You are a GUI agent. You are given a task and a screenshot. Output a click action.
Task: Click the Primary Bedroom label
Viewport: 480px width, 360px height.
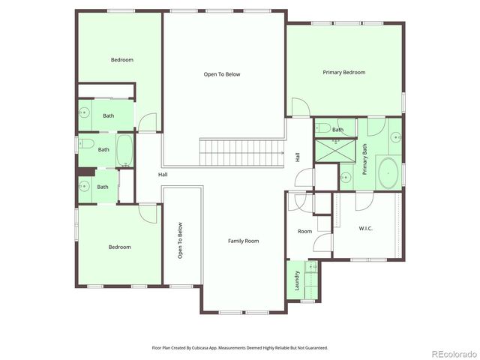[343, 72]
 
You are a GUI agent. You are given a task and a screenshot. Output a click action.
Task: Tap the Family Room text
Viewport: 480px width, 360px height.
[243, 241]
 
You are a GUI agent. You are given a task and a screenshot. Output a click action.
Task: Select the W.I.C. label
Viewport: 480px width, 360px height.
[366, 228]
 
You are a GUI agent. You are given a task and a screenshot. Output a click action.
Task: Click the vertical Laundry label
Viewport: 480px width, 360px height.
[297, 279]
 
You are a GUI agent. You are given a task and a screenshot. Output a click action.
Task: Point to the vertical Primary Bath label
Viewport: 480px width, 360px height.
[365, 158]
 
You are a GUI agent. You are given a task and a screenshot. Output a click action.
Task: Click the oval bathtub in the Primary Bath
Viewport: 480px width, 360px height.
[388, 172]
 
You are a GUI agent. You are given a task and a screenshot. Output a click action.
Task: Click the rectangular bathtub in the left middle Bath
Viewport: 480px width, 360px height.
[125, 151]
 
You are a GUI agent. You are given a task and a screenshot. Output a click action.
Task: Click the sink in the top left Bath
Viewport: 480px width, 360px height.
[84, 115]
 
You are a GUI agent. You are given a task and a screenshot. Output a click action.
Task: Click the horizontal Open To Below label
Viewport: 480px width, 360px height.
[222, 74]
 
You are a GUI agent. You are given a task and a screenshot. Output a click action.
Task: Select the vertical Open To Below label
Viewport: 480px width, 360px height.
[180, 241]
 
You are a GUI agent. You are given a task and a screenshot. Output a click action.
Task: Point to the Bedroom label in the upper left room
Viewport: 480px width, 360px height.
[121, 59]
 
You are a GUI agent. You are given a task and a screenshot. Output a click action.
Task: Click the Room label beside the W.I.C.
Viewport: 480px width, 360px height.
[304, 231]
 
